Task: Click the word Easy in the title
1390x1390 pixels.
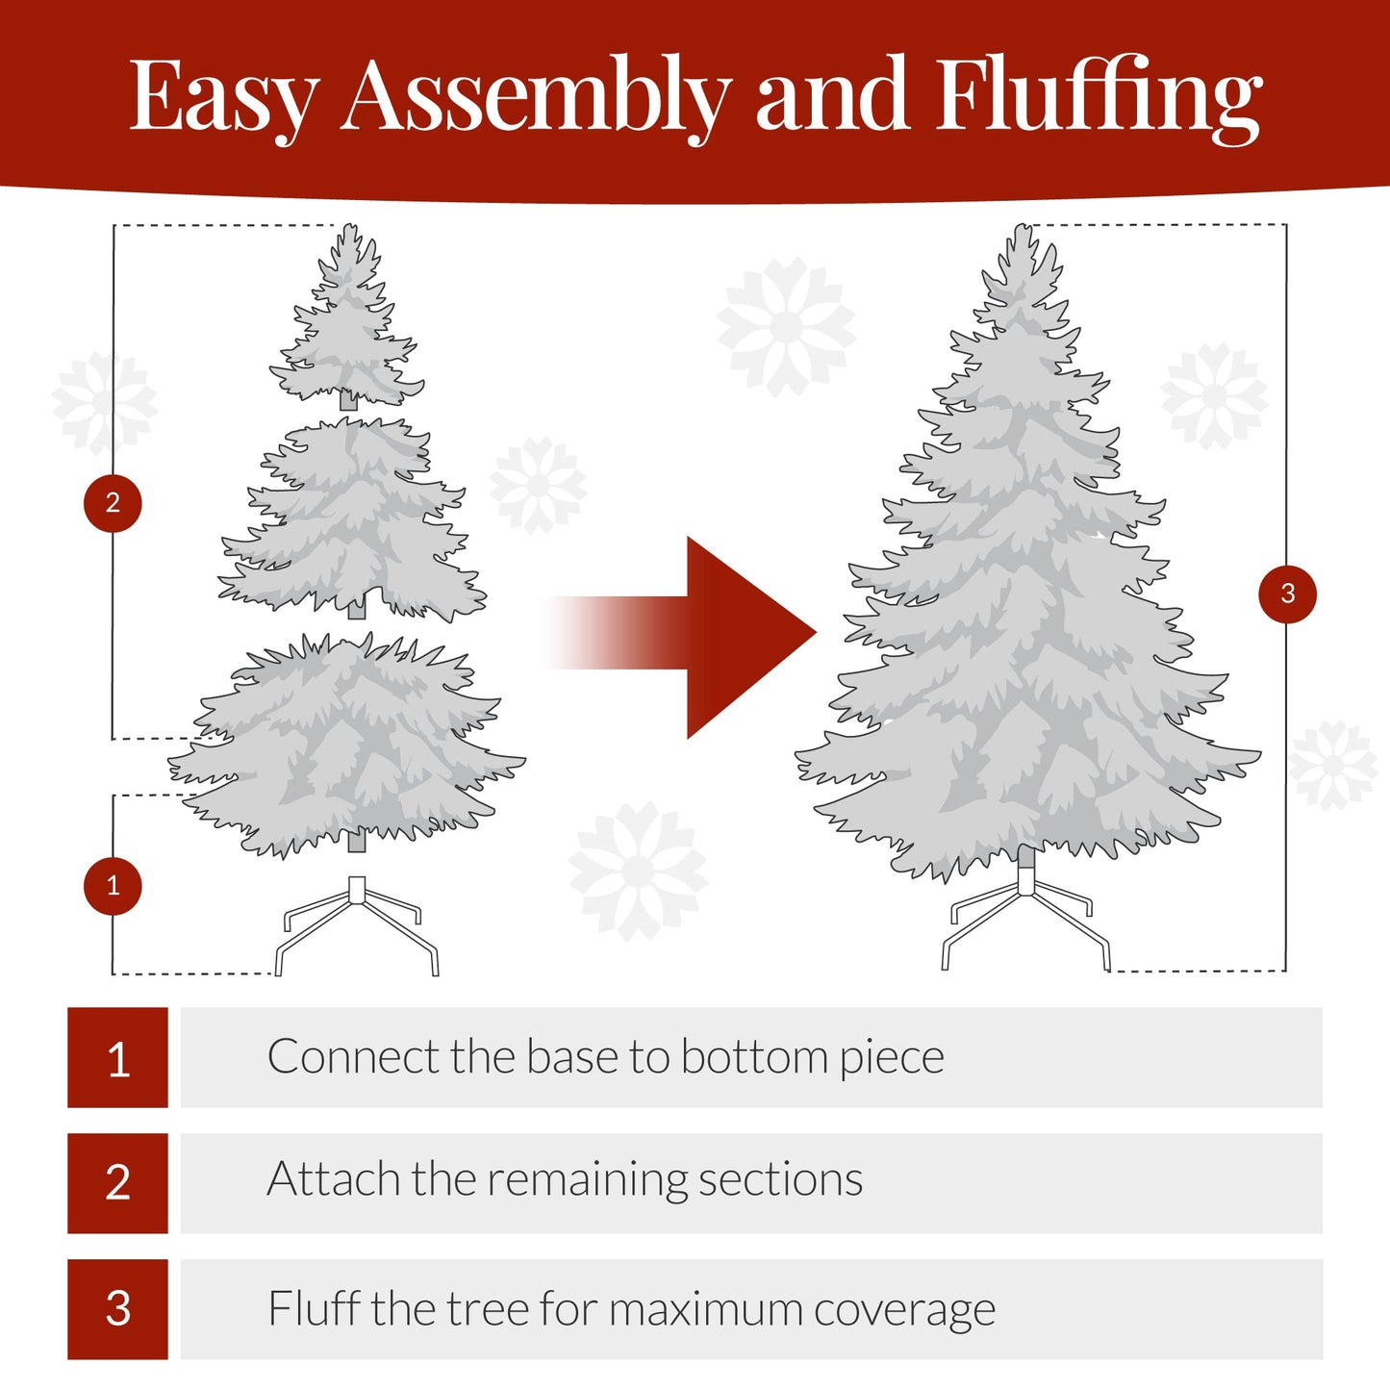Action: click(x=223, y=96)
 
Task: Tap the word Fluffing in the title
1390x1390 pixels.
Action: click(x=1098, y=96)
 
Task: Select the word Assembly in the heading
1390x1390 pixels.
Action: click(x=535, y=96)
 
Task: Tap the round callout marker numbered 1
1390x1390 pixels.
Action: click(x=113, y=886)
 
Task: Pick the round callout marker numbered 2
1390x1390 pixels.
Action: click(x=113, y=503)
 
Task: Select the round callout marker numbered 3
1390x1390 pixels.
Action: click(x=1287, y=594)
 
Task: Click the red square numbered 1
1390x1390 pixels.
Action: click(x=117, y=1058)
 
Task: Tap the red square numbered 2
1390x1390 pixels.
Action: click(x=117, y=1183)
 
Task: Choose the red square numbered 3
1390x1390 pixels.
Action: click(x=117, y=1309)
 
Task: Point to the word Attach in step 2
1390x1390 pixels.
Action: click(x=334, y=1179)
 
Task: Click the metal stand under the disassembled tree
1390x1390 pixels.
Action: click(x=357, y=923)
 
